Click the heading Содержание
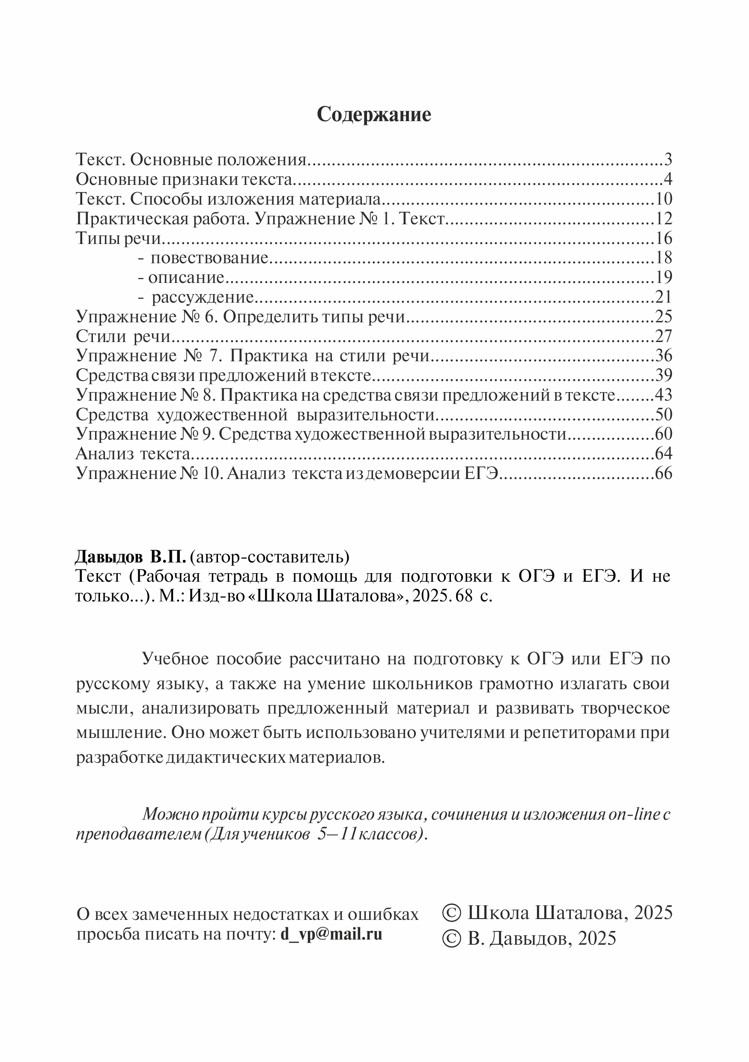(374, 114)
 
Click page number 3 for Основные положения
(668, 160)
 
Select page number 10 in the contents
(663, 199)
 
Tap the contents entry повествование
(209, 258)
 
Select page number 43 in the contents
(663, 395)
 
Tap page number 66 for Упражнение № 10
(663, 474)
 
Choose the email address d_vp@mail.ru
(331, 934)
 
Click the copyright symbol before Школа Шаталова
(451, 913)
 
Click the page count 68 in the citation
(465, 596)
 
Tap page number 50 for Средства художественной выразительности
(663, 415)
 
